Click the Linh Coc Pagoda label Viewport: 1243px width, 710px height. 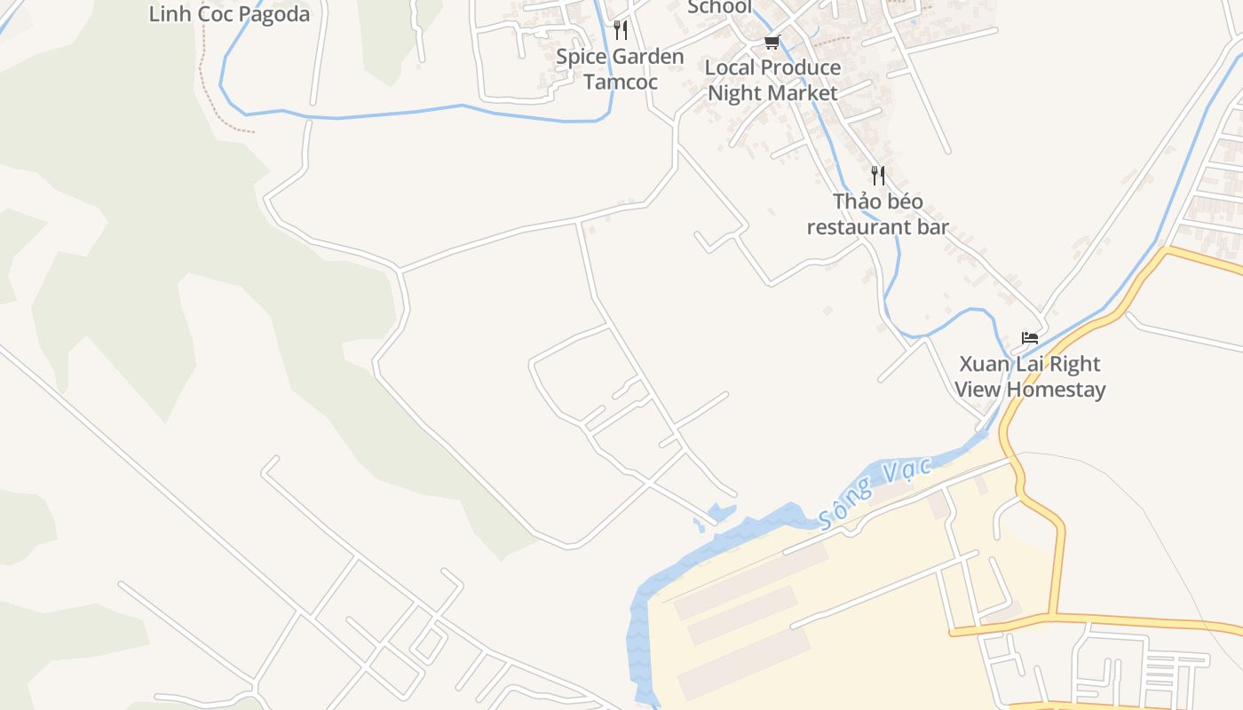[x=229, y=14]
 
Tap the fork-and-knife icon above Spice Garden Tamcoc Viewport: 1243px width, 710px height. [x=621, y=31]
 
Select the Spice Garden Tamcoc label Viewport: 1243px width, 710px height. [x=620, y=69]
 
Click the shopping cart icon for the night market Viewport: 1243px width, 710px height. [x=772, y=42]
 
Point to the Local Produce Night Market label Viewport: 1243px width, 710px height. [x=772, y=80]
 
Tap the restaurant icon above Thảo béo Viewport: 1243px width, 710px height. [x=878, y=175]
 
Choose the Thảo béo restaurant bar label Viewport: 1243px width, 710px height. [x=877, y=214]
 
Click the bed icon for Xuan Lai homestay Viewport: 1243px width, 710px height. [x=1030, y=338]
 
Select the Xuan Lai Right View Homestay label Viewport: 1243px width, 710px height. [x=1030, y=376]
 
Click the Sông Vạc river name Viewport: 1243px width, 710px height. [x=876, y=493]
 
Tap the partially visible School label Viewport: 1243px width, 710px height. [x=719, y=7]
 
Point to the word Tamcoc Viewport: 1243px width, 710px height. [x=620, y=83]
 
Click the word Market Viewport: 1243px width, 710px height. [x=804, y=93]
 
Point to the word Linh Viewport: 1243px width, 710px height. [x=165, y=14]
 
